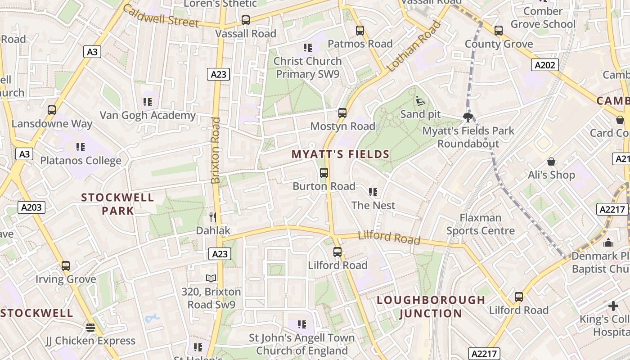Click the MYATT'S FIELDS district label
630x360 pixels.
tap(340, 154)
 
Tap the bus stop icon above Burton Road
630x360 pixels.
tap(324, 172)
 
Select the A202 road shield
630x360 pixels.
tap(545, 65)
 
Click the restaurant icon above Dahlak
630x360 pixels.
tap(213, 217)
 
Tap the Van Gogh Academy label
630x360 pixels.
tap(148, 115)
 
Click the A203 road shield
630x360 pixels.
tap(31, 207)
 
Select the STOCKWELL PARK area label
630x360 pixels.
tap(117, 204)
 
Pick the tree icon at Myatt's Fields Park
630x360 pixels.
tap(468, 117)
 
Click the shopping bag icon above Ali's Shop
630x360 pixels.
tap(551, 162)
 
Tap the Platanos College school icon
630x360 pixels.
tap(81, 147)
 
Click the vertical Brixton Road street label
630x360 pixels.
tap(216, 150)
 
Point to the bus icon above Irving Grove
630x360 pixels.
tap(66, 265)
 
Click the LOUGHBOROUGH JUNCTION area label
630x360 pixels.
tap(431, 306)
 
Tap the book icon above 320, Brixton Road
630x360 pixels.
tap(211, 278)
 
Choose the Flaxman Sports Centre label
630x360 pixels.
tap(480, 224)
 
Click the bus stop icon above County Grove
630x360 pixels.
tap(498, 31)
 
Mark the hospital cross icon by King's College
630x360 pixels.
tap(613, 306)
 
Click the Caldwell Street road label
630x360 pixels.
tap(160, 16)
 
